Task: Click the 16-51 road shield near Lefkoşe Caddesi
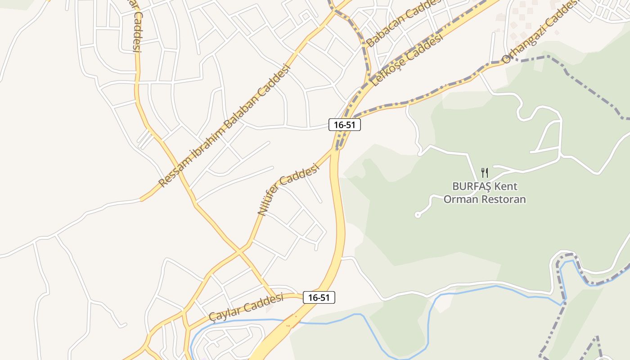coord(345,125)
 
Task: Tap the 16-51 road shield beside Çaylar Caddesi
coord(319,297)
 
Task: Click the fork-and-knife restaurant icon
coord(485,172)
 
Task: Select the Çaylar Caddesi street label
coord(247,308)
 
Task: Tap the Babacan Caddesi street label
coord(403,22)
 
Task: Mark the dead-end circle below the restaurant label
coord(418,215)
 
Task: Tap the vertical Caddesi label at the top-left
coord(137,31)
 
